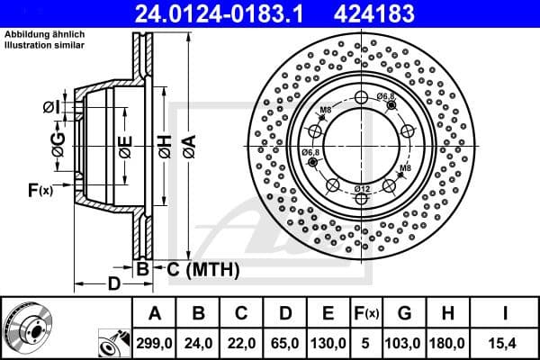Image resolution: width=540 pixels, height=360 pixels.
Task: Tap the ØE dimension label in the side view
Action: (125, 144)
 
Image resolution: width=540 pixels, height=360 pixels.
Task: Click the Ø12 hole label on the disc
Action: (362, 187)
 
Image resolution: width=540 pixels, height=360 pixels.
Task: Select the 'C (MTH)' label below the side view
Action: (193, 267)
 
